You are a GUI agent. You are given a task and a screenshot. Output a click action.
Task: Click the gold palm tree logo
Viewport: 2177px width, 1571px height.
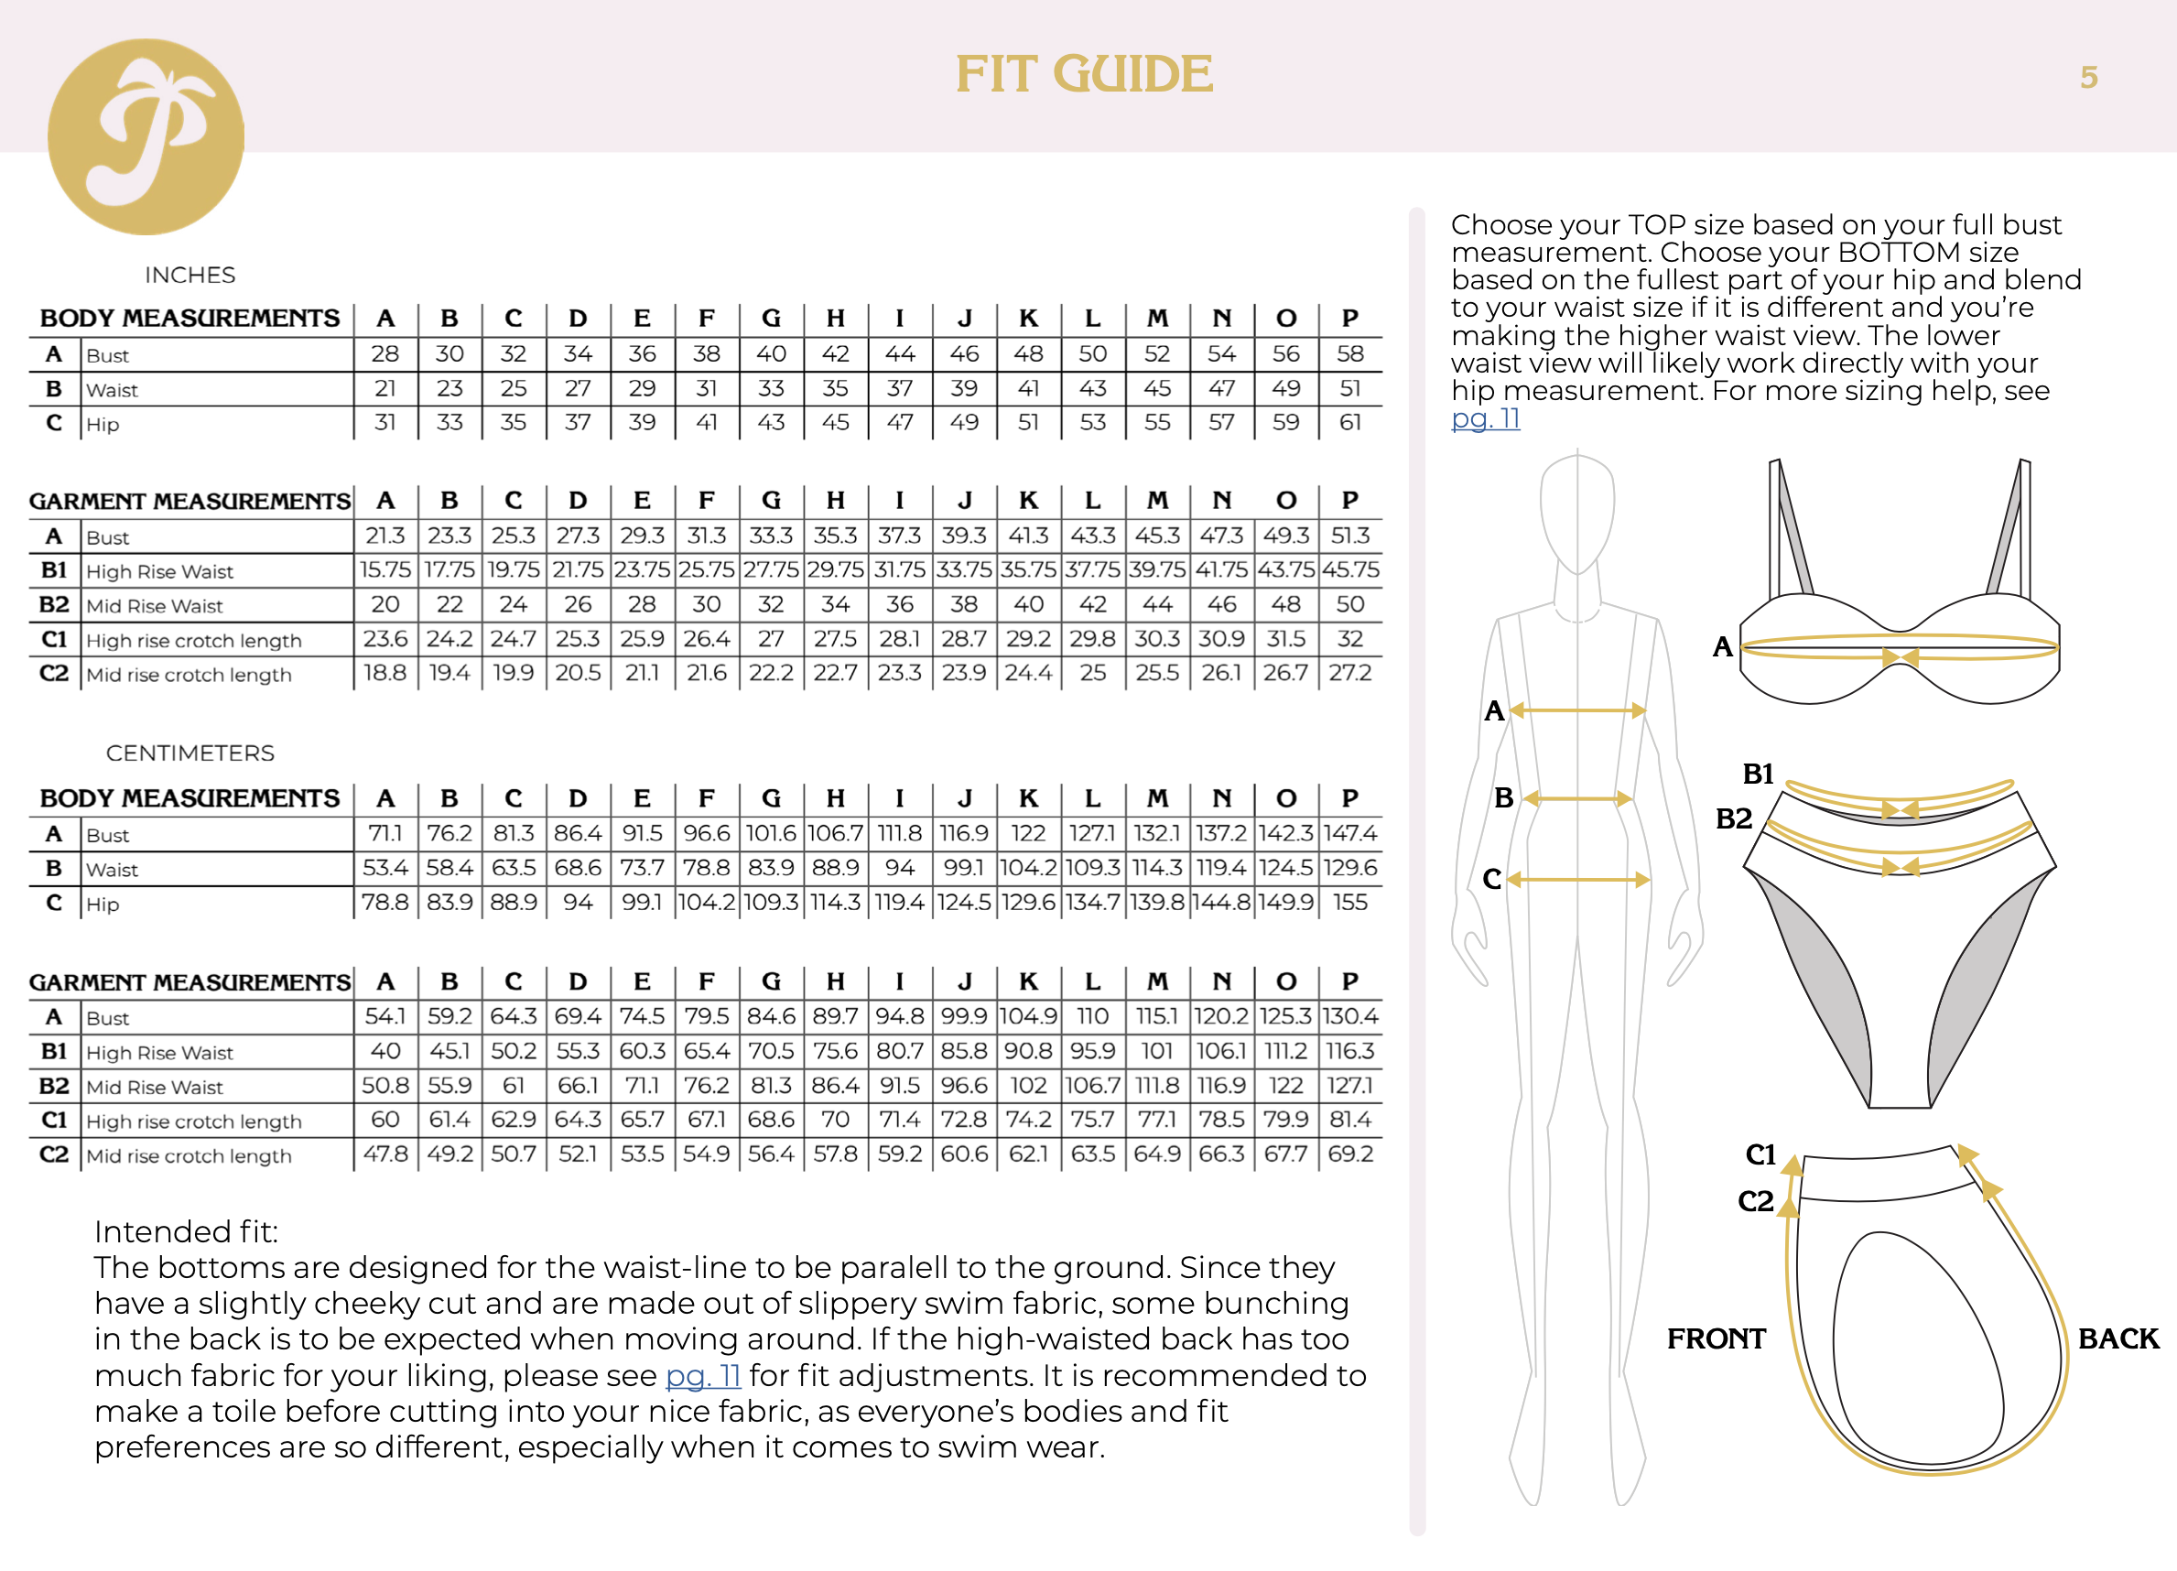coord(146,136)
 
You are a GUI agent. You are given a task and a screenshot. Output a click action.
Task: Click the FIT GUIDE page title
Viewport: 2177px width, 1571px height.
coord(1084,75)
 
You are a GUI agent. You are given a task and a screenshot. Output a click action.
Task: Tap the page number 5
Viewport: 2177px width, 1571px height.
coord(2089,77)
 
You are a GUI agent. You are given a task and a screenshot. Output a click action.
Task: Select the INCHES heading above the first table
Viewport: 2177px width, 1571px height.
coord(190,276)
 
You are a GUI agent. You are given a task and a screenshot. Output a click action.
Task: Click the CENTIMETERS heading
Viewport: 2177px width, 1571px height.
coord(190,753)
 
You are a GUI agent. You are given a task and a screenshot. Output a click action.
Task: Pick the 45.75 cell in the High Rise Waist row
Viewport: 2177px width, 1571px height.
coord(1350,570)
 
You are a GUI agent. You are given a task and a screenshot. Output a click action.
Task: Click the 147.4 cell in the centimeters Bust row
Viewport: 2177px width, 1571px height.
coord(1350,833)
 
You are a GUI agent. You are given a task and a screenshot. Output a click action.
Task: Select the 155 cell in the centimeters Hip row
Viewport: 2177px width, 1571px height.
coord(1350,902)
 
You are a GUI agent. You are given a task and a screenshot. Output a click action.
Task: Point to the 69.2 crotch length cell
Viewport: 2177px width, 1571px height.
coord(1350,1154)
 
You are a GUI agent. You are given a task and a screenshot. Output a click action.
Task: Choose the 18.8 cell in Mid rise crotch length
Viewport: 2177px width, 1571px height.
coord(384,674)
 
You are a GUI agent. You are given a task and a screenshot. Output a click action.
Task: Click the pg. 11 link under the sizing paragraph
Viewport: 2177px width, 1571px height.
coord(1485,418)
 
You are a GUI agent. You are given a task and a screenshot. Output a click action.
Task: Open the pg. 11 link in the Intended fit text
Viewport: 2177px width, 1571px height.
coord(703,1375)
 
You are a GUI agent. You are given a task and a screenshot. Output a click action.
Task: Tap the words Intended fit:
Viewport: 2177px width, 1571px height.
coord(185,1231)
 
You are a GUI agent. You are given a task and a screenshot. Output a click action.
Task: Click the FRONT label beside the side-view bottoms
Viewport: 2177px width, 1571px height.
coord(1717,1338)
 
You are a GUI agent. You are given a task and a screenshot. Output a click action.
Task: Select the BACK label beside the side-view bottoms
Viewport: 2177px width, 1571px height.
coord(2118,1338)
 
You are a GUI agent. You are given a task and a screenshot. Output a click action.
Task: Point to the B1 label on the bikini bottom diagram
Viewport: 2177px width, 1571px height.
coord(1758,774)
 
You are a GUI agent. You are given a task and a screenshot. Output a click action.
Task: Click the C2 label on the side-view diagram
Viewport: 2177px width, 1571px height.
coord(1756,1200)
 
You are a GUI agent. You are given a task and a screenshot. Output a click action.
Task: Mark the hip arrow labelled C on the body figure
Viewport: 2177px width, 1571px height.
coord(1578,879)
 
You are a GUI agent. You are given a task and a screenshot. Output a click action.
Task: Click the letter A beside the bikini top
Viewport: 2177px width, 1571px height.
coord(1722,647)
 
